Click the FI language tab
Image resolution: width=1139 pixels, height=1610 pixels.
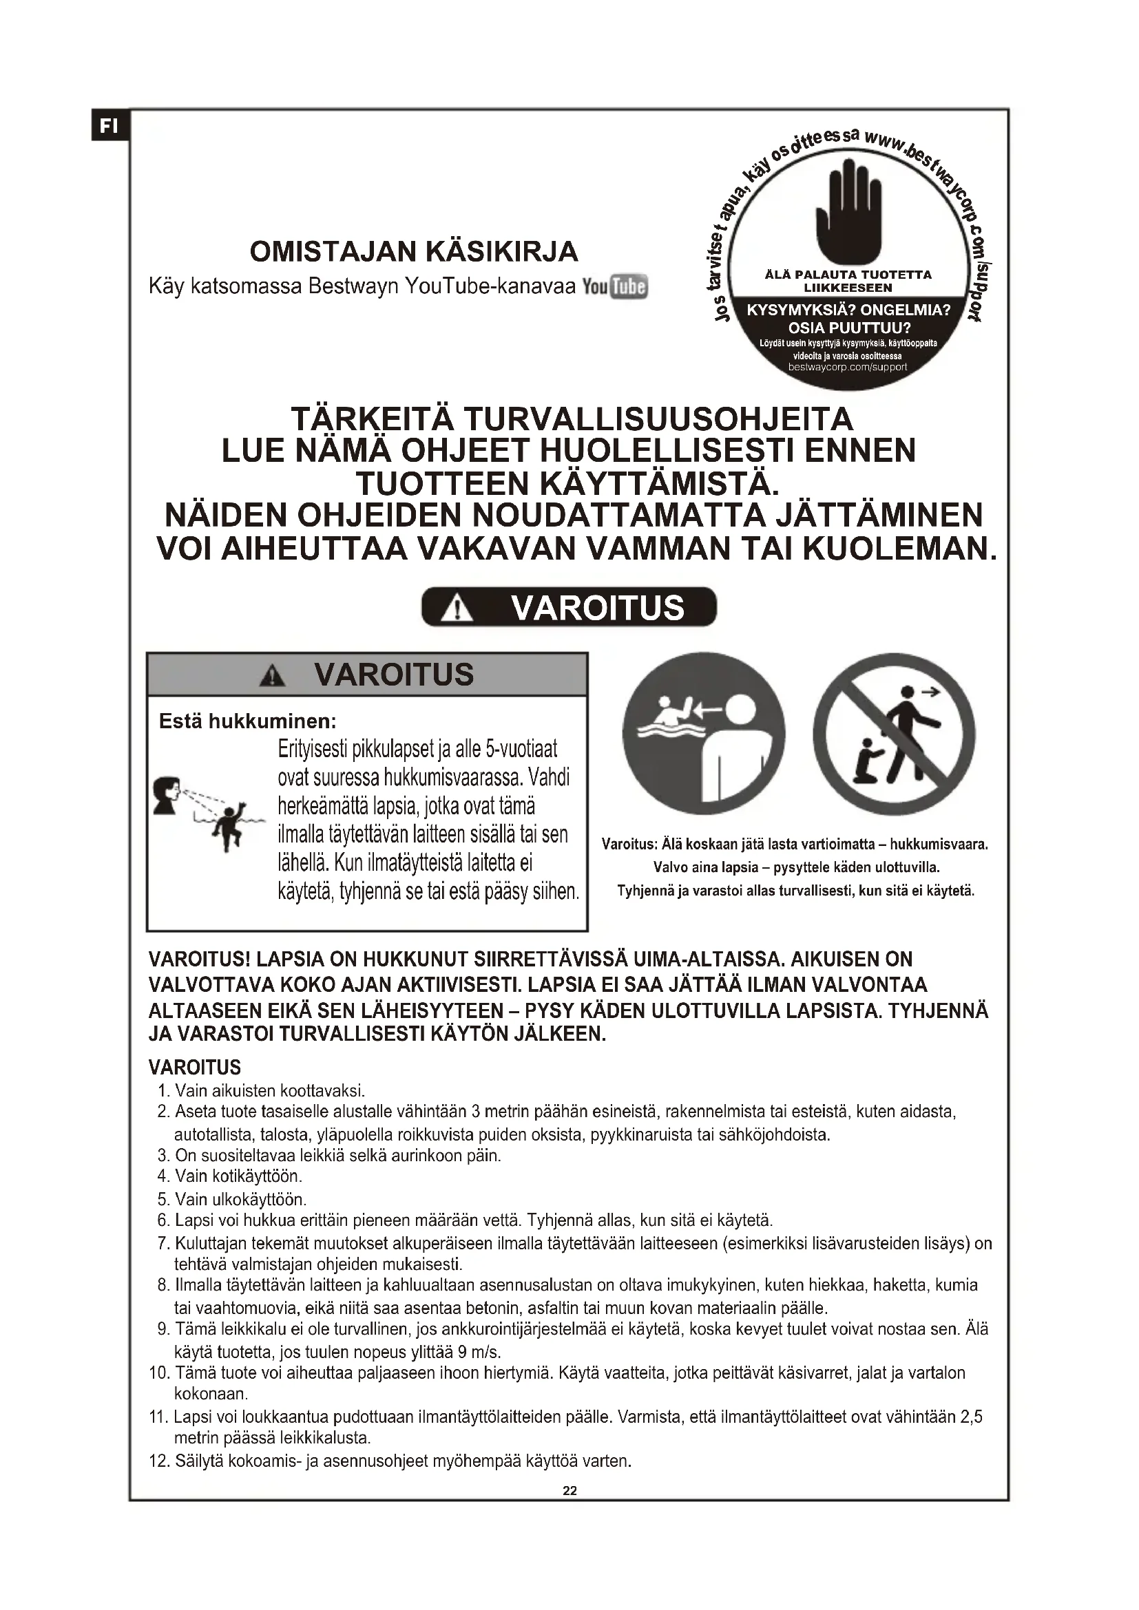[x=109, y=126]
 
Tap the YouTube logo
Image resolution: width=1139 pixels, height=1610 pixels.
[x=615, y=287]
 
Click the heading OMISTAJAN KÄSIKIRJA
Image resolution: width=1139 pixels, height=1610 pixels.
[x=414, y=251]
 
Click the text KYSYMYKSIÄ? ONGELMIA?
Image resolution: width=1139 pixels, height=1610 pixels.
[x=848, y=310]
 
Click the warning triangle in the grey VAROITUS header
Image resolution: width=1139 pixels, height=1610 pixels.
[x=272, y=676]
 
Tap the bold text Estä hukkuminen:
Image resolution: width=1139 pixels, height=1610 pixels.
[x=248, y=721]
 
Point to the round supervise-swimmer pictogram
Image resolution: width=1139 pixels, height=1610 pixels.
[x=704, y=734]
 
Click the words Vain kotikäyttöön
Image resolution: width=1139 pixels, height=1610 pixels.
[x=238, y=1175]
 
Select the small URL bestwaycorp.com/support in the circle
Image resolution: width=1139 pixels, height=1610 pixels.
[x=847, y=367]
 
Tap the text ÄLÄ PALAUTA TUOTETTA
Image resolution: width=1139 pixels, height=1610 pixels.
[x=848, y=275]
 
